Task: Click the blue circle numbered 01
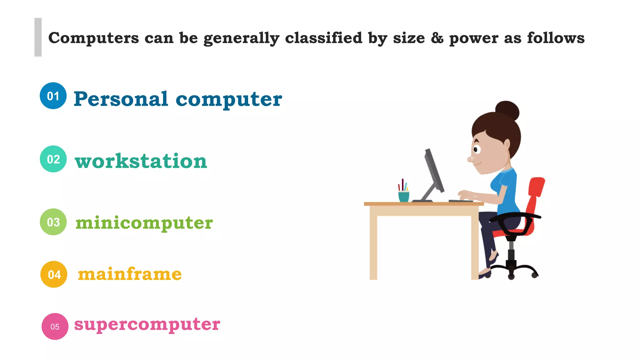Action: pyautogui.click(x=53, y=96)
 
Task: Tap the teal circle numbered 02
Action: pyautogui.click(x=53, y=159)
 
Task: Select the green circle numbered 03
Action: pyautogui.click(x=53, y=222)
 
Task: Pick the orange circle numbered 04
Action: pyautogui.click(x=54, y=274)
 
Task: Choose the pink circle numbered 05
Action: pyautogui.click(x=55, y=327)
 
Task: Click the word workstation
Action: pyautogui.click(x=141, y=161)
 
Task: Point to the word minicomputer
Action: pyautogui.click(x=144, y=223)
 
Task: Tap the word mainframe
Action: pyautogui.click(x=130, y=274)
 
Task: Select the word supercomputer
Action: pyautogui.click(x=147, y=324)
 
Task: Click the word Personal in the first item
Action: pyautogui.click(x=121, y=99)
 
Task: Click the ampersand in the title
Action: pyautogui.click(x=437, y=38)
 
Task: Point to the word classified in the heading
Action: pyautogui.click(x=323, y=38)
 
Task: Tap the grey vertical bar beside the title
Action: pyautogui.click(x=38, y=37)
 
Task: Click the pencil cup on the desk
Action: pyautogui.click(x=403, y=196)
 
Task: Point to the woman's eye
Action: pyautogui.click(x=476, y=149)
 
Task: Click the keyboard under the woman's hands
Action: pyautogui.click(x=460, y=201)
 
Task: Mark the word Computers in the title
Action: pyautogui.click(x=93, y=38)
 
